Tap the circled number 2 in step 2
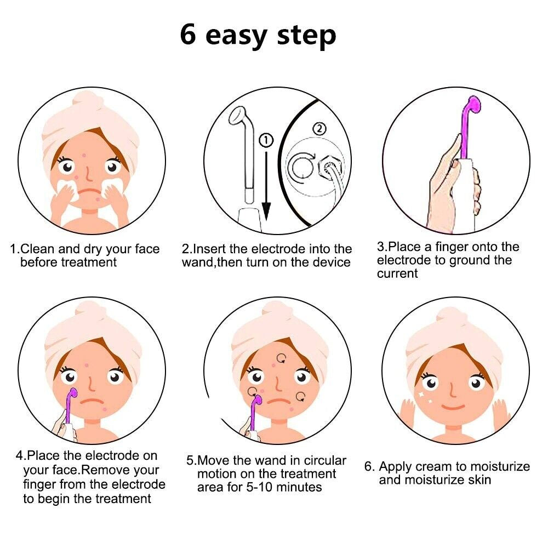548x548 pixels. (x=318, y=129)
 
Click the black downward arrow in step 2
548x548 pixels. (x=266, y=186)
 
